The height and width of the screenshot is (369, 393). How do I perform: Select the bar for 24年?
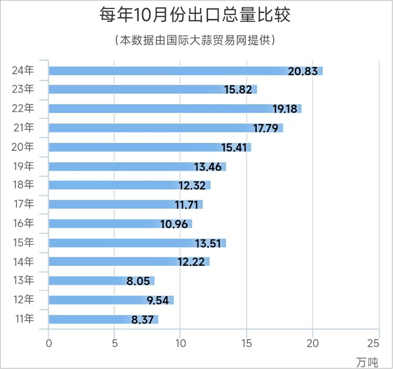click(x=186, y=71)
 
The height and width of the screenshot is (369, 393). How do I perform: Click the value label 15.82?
click(x=238, y=90)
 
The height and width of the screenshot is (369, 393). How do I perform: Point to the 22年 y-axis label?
click(x=23, y=109)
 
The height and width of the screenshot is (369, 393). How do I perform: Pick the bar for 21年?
click(x=166, y=128)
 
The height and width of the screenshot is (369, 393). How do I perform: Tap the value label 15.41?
click(x=235, y=148)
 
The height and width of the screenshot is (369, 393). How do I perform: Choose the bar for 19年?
click(x=137, y=166)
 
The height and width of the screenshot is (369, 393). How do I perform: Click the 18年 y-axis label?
click(x=23, y=185)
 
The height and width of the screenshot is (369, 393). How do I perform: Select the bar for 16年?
click(x=120, y=224)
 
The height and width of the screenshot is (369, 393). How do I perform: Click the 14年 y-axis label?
click(x=23, y=261)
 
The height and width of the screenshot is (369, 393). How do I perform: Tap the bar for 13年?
click(x=101, y=281)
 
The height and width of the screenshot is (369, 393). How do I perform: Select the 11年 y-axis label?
click(x=23, y=319)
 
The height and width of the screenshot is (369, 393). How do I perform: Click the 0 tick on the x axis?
click(x=49, y=343)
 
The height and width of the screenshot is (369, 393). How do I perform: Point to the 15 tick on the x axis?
click(x=247, y=343)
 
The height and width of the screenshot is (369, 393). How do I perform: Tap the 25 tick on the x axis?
click(x=379, y=343)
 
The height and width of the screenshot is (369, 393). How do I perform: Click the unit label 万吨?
click(x=367, y=362)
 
